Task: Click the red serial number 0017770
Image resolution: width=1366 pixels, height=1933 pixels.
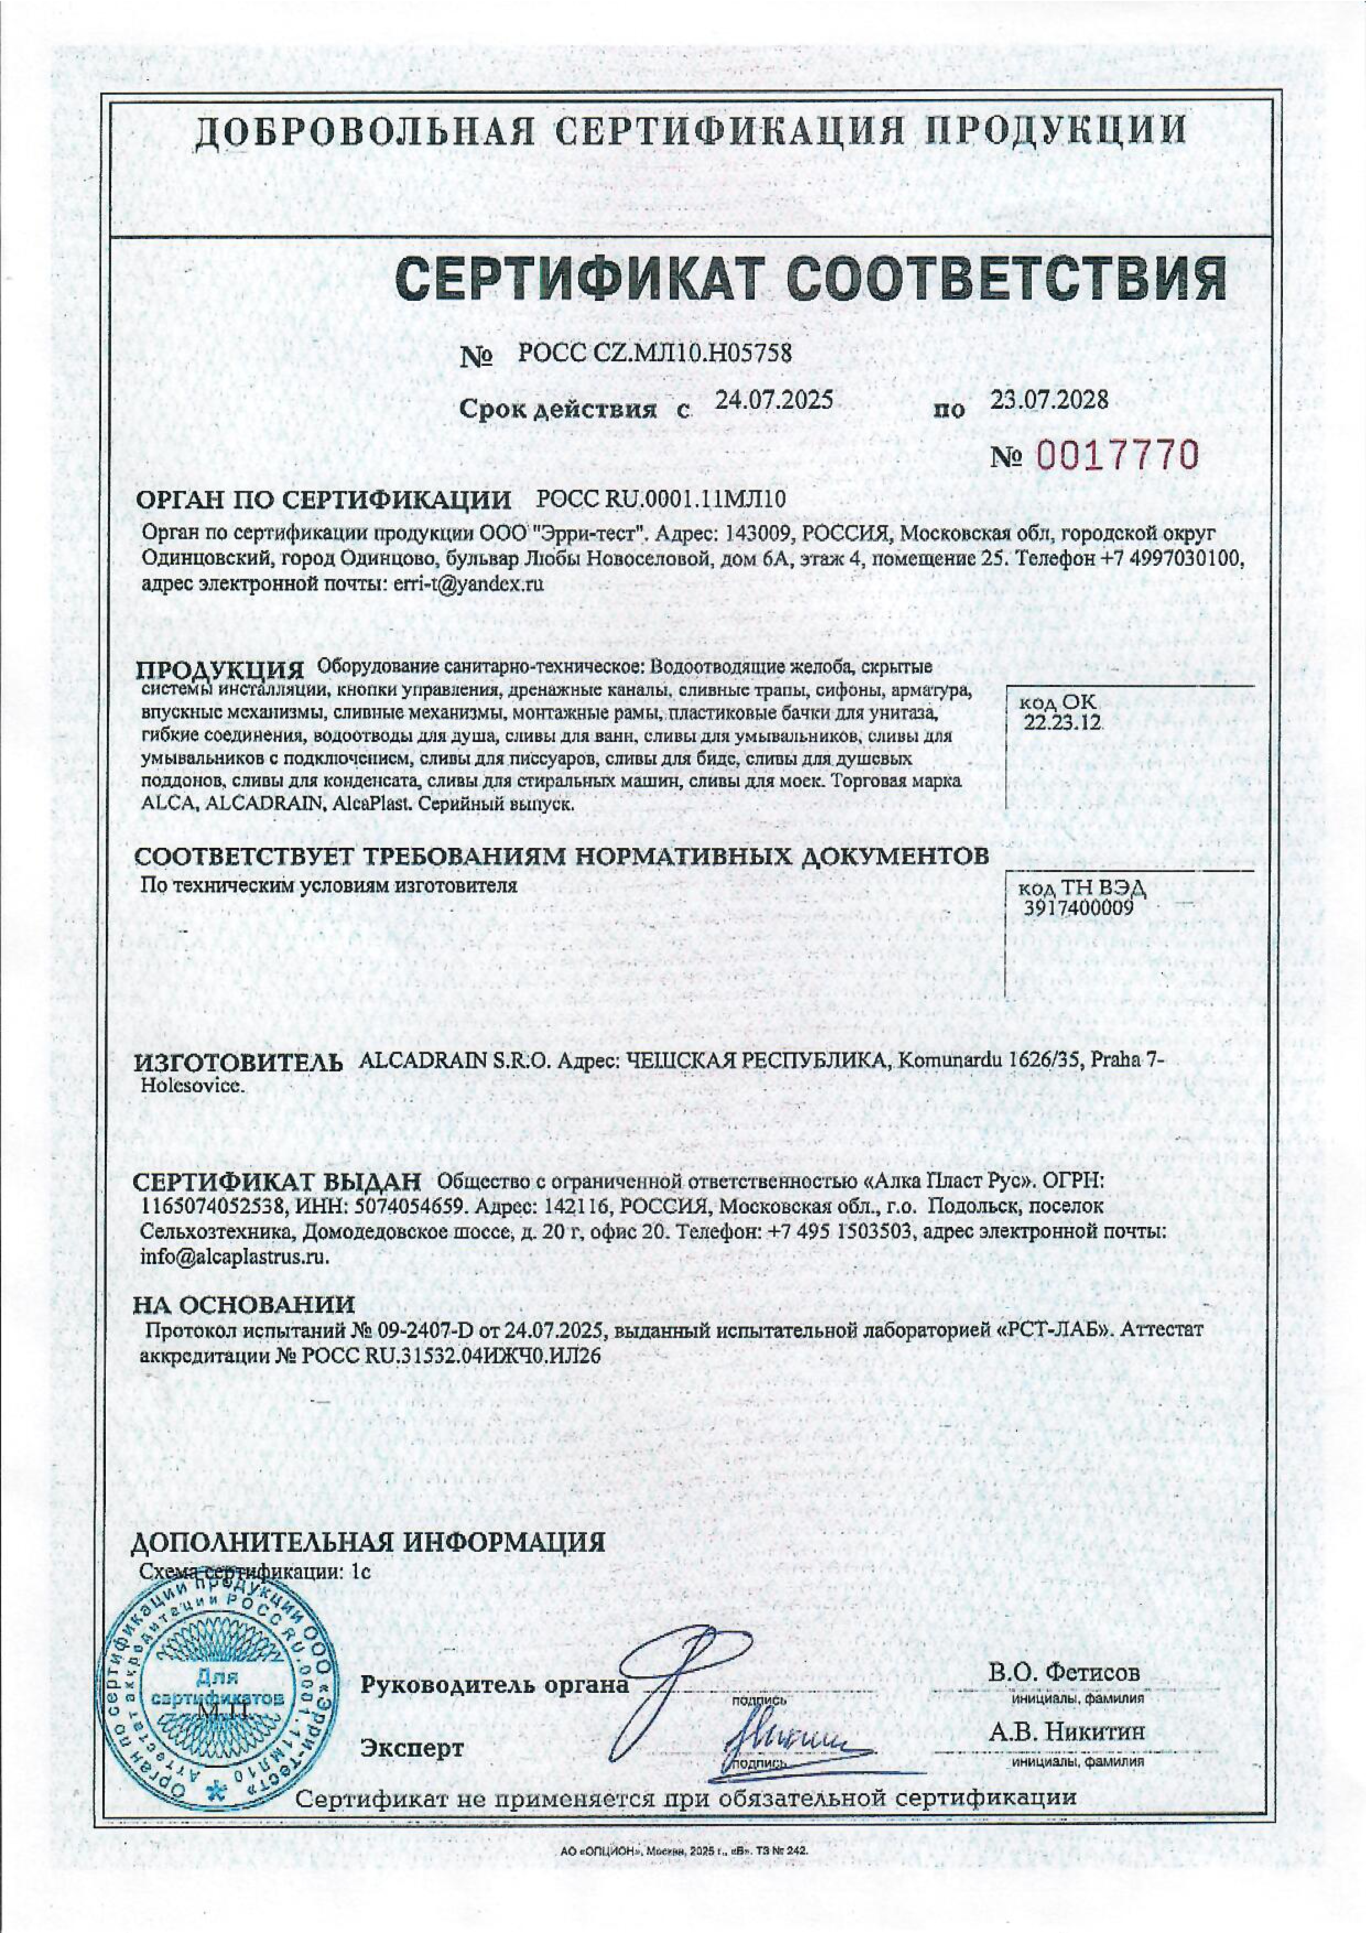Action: (x=1118, y=456)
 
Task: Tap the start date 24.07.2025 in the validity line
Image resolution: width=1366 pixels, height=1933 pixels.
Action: (x=773, y=400)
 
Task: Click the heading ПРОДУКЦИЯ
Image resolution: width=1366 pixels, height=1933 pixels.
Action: (x=220, y=671)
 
